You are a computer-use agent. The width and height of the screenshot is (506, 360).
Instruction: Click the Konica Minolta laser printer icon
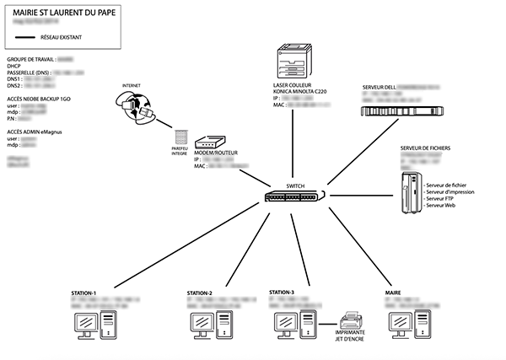(x=291, y=60)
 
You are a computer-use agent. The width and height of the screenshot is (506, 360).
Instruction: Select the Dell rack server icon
(x=401, y=111)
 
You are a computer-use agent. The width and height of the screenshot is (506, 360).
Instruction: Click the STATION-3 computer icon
(x=295, y=323)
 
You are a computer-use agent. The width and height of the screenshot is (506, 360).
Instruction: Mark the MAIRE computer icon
(x=408, y=324)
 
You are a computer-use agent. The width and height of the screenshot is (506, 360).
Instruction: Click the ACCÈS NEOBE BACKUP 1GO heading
(x=45, y=99)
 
